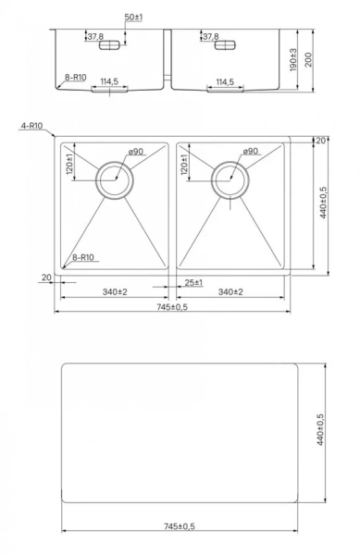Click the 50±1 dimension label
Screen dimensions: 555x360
pos(134,18)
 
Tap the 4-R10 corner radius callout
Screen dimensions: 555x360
pos(31,125)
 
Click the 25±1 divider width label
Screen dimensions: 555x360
pos(192,282)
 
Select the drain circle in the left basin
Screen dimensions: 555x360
pos(115,179)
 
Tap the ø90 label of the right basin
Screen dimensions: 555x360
pos(250,153)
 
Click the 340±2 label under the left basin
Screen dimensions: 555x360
pos(115,291)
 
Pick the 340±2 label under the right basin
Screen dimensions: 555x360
pos(230,291)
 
